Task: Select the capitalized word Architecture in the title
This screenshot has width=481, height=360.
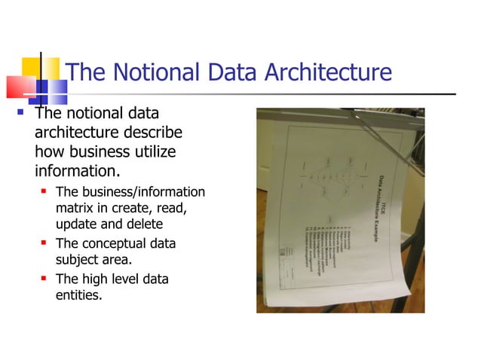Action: tap(329, 73)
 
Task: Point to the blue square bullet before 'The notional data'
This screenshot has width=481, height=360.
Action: tap(22, 115)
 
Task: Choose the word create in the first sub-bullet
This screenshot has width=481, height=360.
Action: tap(133, 208)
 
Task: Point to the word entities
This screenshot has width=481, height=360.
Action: tap(78, 296)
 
